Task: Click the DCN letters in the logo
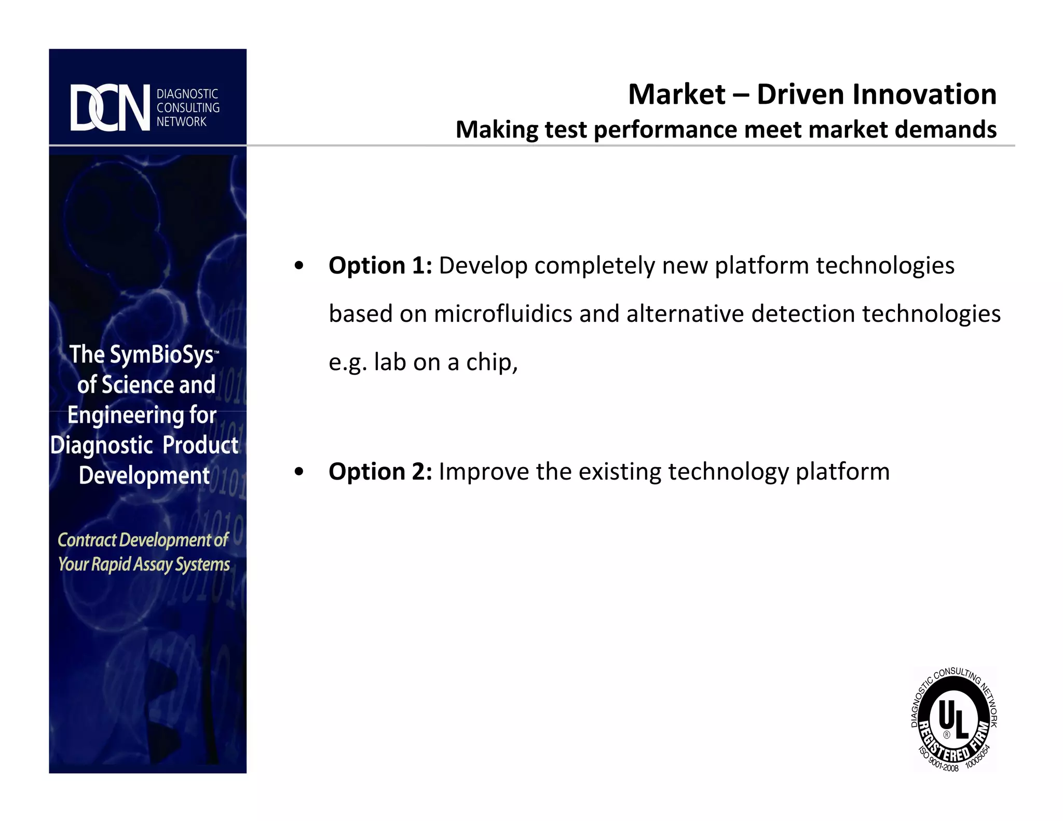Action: click(x=110, y=108)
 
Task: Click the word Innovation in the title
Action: click(x=924, y=94)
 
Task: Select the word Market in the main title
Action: click(x=676, y=94)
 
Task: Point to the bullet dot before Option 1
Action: click(x=298, y=266)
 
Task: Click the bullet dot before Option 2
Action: click(x=298, y=472)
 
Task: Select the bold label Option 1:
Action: click(x=380, y=266)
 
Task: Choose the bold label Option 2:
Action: click(x=380, y=472)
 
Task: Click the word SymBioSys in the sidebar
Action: click(x=161, y=355)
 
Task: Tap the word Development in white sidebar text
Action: click(x=144, y=475)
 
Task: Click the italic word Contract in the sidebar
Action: click(x=87, y=540)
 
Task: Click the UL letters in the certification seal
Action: click(x=953, y=719)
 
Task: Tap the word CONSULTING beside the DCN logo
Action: click(x=188, y=108)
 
